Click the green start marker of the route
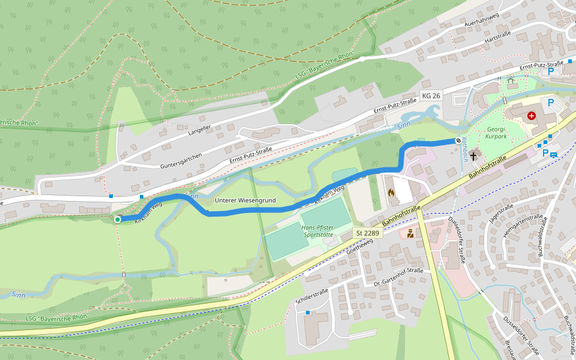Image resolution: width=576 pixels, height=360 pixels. tap(118, 220)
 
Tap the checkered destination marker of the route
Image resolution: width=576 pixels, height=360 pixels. tap(458, 140)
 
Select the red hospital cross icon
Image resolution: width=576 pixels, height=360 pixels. tap(532, 115)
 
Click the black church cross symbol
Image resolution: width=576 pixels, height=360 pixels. tap(474, 156)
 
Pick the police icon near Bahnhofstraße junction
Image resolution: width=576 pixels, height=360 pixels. tap(410, 233)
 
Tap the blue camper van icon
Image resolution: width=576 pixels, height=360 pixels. tap(553, 154)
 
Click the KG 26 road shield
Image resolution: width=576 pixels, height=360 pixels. tap(431, 96)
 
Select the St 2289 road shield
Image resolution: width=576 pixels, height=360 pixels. tap(367, 232)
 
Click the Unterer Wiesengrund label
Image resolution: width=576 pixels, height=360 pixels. tap(245, 200)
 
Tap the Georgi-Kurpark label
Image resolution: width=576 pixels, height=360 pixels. tap(496, 133)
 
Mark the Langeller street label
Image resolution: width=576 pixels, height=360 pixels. tap(200, 128)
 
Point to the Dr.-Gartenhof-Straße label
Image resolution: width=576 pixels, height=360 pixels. tap(398, 277)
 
